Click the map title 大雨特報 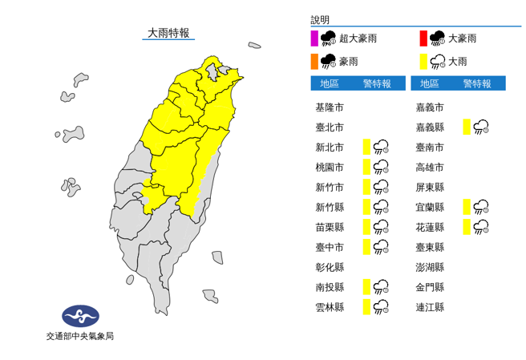[x=168, y=33]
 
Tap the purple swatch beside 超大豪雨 [x=314, y=38]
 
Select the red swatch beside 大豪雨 [x=422, y=38]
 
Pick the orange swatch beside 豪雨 [x=314, y=61]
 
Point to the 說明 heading [x=320, y=20]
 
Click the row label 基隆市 [x=330, y=107]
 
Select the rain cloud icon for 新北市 [x=382, y=147]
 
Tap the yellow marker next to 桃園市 [x=366, y=167]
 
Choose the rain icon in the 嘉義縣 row [x=482, y=127]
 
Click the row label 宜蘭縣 [x=430, y=207]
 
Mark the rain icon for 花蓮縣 [x=482, y=227]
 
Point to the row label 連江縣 [x=430, y=307]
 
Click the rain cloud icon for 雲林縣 [x=382, y=306]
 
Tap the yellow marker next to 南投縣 [x=366, y=286]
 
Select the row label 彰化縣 [x=330, y=267]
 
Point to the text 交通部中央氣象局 [x=79, y=336]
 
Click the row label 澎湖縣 [x=430, y=267]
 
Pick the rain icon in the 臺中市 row [x=382, y=247]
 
